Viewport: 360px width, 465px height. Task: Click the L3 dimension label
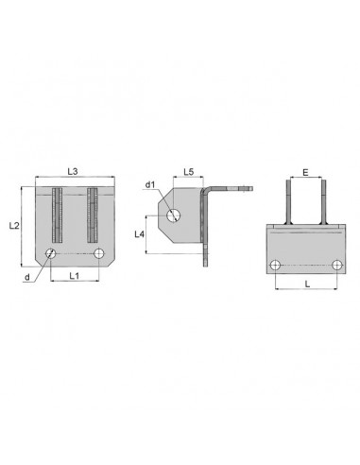click(x=73, y=171)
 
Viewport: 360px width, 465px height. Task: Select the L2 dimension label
click(x=14, y=226)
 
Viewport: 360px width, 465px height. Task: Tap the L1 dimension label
click(x=75, y=276)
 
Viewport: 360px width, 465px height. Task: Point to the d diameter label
click(x=27, y=277)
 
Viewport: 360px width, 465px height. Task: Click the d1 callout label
click(x=150, y=185)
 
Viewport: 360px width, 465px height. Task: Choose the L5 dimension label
click(x=189, y=172)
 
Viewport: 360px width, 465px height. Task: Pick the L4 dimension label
click(x=139, y=234)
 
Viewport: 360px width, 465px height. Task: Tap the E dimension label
click(x=305, y=172)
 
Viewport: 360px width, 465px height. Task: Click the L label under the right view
click(x=308, y=284)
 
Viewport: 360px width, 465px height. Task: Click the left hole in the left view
click(x=51, y=253)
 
